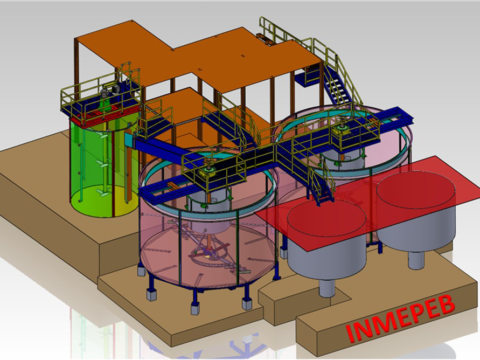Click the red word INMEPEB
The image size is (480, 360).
[x=400, y=319]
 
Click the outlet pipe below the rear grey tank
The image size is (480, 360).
[x=416, y=260]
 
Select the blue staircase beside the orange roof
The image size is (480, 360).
[x=336, y=85]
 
